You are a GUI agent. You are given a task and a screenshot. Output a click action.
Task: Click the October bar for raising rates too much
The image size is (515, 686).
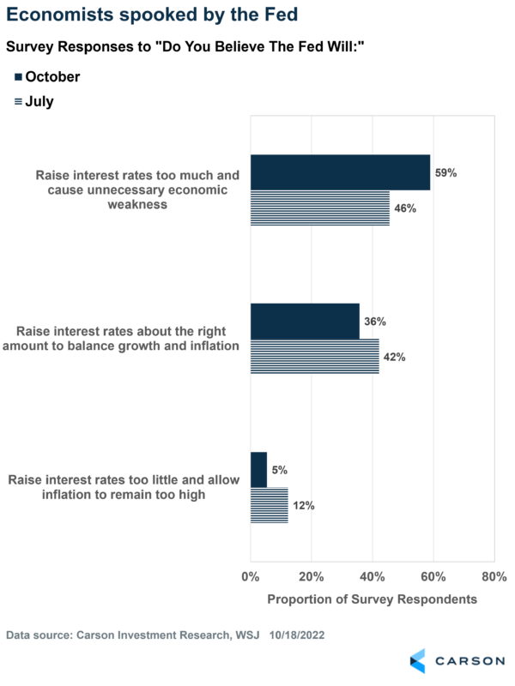[x=340, y=172]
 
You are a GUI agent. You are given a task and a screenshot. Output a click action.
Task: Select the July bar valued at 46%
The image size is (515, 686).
[x=319, y=208]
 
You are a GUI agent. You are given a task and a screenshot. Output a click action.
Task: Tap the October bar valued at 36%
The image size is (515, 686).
[x=305, y=321]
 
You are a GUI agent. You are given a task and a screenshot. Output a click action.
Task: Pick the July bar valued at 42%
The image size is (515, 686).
[x=314, y=357]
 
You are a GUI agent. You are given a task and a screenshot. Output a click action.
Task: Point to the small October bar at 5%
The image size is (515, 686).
[x=258, y=470]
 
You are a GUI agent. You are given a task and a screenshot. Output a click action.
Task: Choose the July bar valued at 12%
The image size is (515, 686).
[x=269, y=505]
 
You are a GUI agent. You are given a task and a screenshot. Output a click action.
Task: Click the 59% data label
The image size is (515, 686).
[x=445, y=172]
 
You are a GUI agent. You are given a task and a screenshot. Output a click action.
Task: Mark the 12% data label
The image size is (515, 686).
[x=303, y=506]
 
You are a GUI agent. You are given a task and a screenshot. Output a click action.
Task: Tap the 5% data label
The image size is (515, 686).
[x=280, y=470]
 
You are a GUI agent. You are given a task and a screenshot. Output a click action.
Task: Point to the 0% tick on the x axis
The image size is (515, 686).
[x=250, y=576]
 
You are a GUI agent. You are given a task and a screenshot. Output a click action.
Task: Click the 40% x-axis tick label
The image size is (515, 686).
[x=372, y=576]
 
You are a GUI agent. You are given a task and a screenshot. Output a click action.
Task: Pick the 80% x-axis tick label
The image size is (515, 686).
[x=494, y=576]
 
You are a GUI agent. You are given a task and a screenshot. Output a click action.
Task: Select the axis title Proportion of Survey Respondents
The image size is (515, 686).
[x=372, y=599]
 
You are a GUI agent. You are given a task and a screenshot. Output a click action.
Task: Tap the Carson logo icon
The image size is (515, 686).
[x=417, y=661]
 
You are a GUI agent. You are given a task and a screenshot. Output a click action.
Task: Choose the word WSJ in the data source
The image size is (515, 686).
[x=223, y=635]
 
